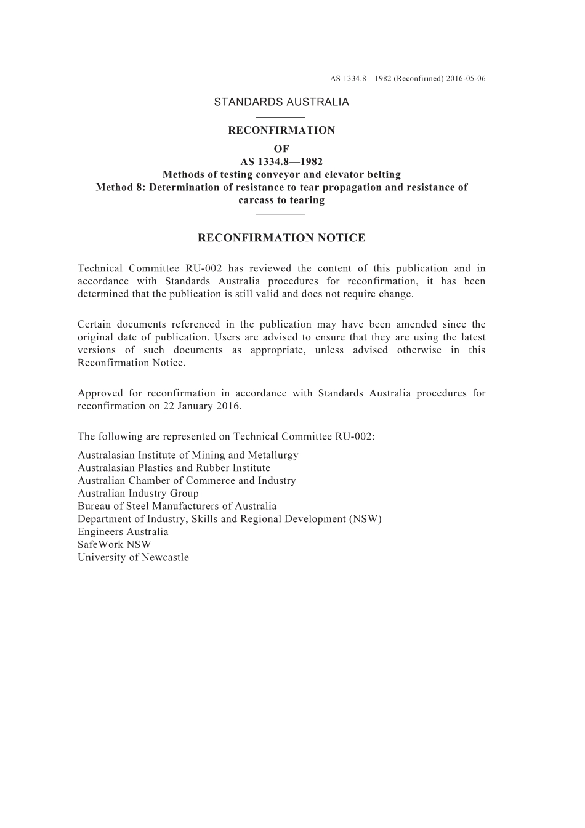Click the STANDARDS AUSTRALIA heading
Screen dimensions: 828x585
(x=281, y=102)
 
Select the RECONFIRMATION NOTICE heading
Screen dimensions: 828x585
(x=281, y=238)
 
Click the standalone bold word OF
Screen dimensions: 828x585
(x=281, y=149)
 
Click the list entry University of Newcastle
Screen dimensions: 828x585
(x=133, y=557)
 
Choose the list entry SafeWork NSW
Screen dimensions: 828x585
(x=114, y=544)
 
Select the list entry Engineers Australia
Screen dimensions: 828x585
(x=123, y=532)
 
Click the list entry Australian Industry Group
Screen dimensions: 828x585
(x=138, y=493)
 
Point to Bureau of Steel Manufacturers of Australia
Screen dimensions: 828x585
(x=177, y=506)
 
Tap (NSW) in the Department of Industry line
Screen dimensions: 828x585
(x=365, y=519)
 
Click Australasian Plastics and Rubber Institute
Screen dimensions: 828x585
(x=174, y=468)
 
